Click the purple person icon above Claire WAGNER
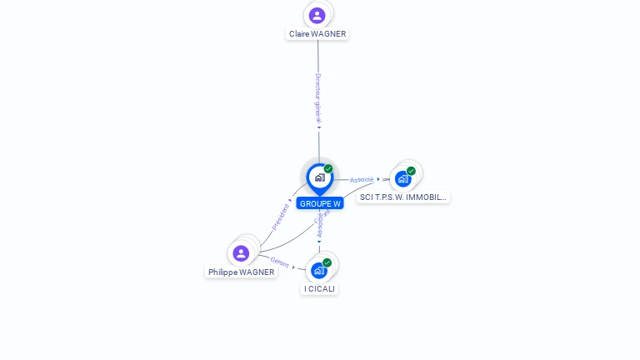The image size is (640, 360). tap(317, 15)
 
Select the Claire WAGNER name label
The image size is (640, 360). tap(317, 34)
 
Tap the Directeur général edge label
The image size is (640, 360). tap(317, 98)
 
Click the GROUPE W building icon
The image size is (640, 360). tap(319, 177)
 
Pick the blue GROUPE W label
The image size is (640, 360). tap(320, 203)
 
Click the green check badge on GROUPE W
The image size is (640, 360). tap(328, 169)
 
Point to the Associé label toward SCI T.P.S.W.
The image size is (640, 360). tap(362, 179)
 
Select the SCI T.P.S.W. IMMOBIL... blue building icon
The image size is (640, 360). tap(402, 179)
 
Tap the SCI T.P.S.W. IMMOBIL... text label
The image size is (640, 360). tap(403, 197)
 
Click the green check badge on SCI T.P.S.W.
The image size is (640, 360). tap(411, 171)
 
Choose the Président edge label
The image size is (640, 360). tap(280, 216)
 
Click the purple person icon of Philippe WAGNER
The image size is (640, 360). tap(241, 252)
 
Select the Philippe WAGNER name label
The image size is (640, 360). tap(241, 272)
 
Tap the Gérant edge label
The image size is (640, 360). tap(279, 262)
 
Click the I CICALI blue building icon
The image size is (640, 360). tap(318, 270)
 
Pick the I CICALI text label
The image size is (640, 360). tap(319, 289)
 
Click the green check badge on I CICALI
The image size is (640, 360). tap(327, 262)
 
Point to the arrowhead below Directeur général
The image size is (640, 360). tap(318, 127)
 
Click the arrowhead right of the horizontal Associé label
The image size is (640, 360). tap(378, 179)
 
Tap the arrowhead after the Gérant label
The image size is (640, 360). tap(294, 267)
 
